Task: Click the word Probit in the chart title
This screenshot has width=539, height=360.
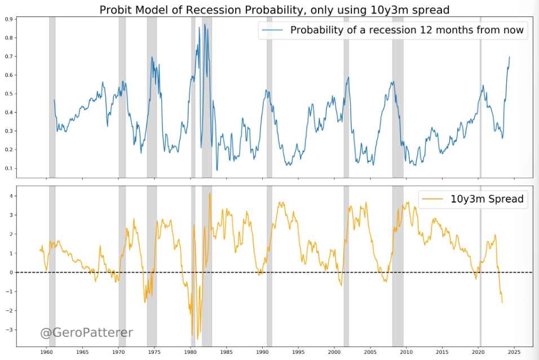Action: (117, 10)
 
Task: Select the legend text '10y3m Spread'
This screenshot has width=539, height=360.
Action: (487, 199)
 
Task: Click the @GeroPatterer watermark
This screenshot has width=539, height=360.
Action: (86, 333)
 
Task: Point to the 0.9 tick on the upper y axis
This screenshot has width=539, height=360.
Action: (10, 19)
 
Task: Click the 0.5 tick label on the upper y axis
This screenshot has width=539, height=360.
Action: (10, 94)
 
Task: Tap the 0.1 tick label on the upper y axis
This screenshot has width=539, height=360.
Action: (10, 168)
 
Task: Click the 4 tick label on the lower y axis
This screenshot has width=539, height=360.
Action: (11, 196)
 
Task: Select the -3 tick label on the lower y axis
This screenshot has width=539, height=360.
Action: (10, 330)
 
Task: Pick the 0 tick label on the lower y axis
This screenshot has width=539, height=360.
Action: (11, 273)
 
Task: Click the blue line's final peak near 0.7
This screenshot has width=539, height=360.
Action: (510, 56)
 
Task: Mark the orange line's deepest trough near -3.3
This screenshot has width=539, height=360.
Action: (192, 336)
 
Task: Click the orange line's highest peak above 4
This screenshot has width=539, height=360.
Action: (210, 194)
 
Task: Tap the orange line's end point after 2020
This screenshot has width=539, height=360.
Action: (502, 303)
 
